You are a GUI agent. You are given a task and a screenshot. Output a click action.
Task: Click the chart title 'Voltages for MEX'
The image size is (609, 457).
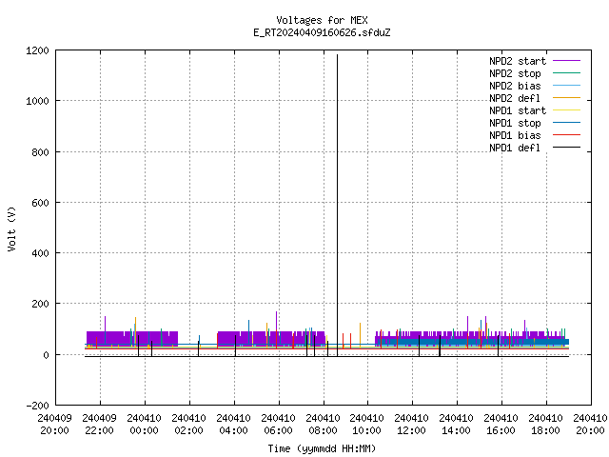[x=322, y=20]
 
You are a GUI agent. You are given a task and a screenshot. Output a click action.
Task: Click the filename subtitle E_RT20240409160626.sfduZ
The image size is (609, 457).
[x=322, y=32]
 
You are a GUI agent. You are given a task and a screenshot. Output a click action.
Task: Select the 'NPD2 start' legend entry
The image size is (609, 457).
[x=535, y=61]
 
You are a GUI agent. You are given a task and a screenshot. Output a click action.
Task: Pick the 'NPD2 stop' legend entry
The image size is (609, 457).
[x=535, y=73]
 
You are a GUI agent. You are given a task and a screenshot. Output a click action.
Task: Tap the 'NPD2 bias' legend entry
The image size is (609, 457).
[x=535, y=86]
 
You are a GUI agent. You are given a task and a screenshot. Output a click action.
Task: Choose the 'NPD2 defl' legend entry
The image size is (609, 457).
[x=535, y=98]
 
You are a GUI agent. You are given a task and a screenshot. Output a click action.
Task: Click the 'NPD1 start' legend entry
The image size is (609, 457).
[x=535, y=110]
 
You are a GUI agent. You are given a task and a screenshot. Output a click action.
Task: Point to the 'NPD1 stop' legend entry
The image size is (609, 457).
[x=535, y=123]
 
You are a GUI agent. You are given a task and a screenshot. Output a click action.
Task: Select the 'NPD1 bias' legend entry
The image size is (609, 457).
[x=535, y=135]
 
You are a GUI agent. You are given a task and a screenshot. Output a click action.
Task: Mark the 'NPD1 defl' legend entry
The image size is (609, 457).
[x=535, y=149]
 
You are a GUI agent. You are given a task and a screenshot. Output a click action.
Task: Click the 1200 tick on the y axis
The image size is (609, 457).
[x=37, y=50]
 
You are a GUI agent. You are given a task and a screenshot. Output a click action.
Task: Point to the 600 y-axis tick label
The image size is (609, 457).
[x=40, y=203]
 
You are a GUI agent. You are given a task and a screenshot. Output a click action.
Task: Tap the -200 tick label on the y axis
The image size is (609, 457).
[x=37, y=406]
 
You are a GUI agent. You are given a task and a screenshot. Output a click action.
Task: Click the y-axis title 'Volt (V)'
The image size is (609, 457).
[x=11, y=228]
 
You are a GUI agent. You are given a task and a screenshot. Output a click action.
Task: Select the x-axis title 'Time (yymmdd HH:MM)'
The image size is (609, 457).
[x=322, y=448]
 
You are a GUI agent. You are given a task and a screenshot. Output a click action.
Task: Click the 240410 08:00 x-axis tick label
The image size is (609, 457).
[x=323, y=425]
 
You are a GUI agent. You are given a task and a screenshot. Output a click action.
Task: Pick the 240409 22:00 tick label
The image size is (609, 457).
[x=99, y=425]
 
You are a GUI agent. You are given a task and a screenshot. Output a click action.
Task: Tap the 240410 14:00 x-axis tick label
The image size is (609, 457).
[x=456, y=425]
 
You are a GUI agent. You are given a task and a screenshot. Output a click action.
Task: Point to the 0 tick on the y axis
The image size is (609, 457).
[x=47, y=355]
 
